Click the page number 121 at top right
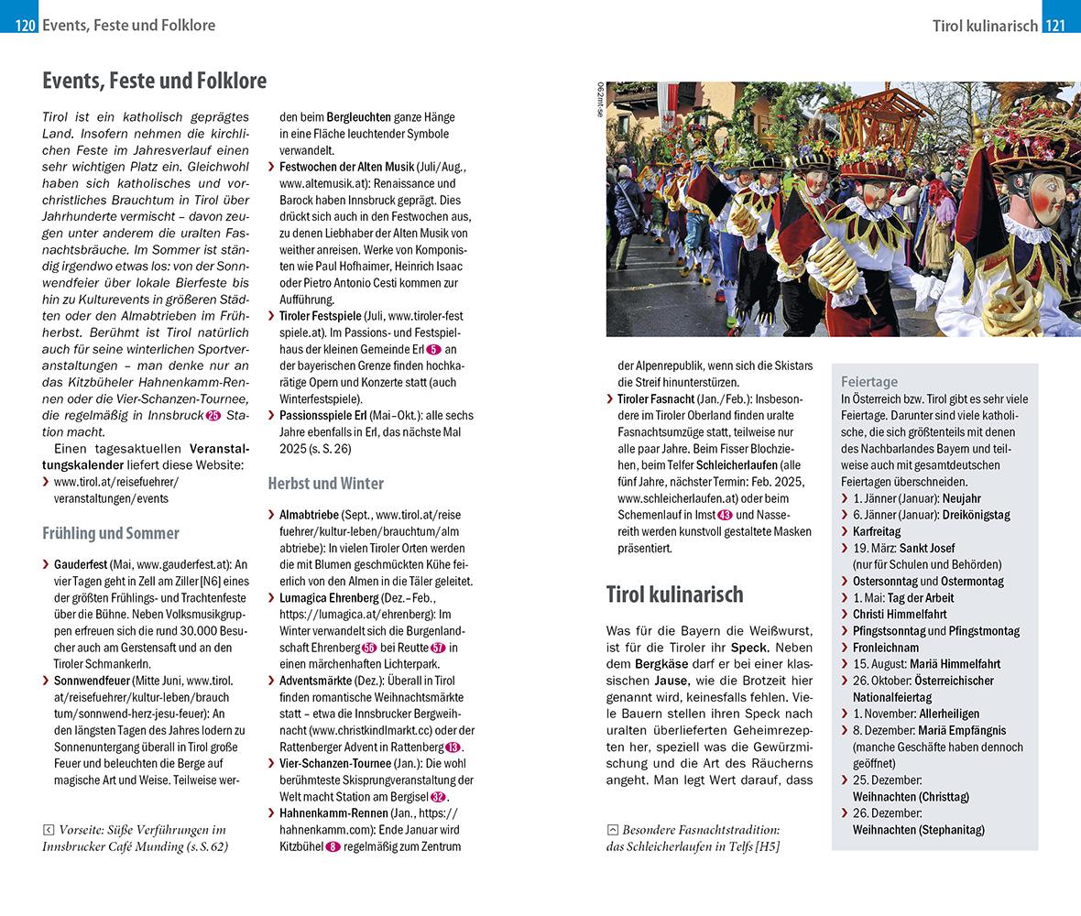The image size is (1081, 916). [1055, 26]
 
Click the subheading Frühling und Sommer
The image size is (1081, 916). [110, 533]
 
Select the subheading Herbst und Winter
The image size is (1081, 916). [325, 483]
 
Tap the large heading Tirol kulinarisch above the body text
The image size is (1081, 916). [674, 594]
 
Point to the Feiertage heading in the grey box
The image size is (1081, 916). [869, 381]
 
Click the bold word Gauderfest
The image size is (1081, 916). [81, 564]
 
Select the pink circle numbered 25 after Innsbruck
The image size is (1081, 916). [213, 415]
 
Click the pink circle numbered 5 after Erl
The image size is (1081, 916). [433, 349]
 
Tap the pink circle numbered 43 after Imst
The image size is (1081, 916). [725, 515]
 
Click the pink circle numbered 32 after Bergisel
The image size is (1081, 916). [438, 796]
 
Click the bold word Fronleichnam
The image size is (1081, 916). [885, 647]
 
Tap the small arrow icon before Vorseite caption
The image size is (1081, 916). [49, 829]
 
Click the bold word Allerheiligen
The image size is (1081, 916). [949, 713]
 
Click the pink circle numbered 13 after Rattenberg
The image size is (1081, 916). [453, 747]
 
